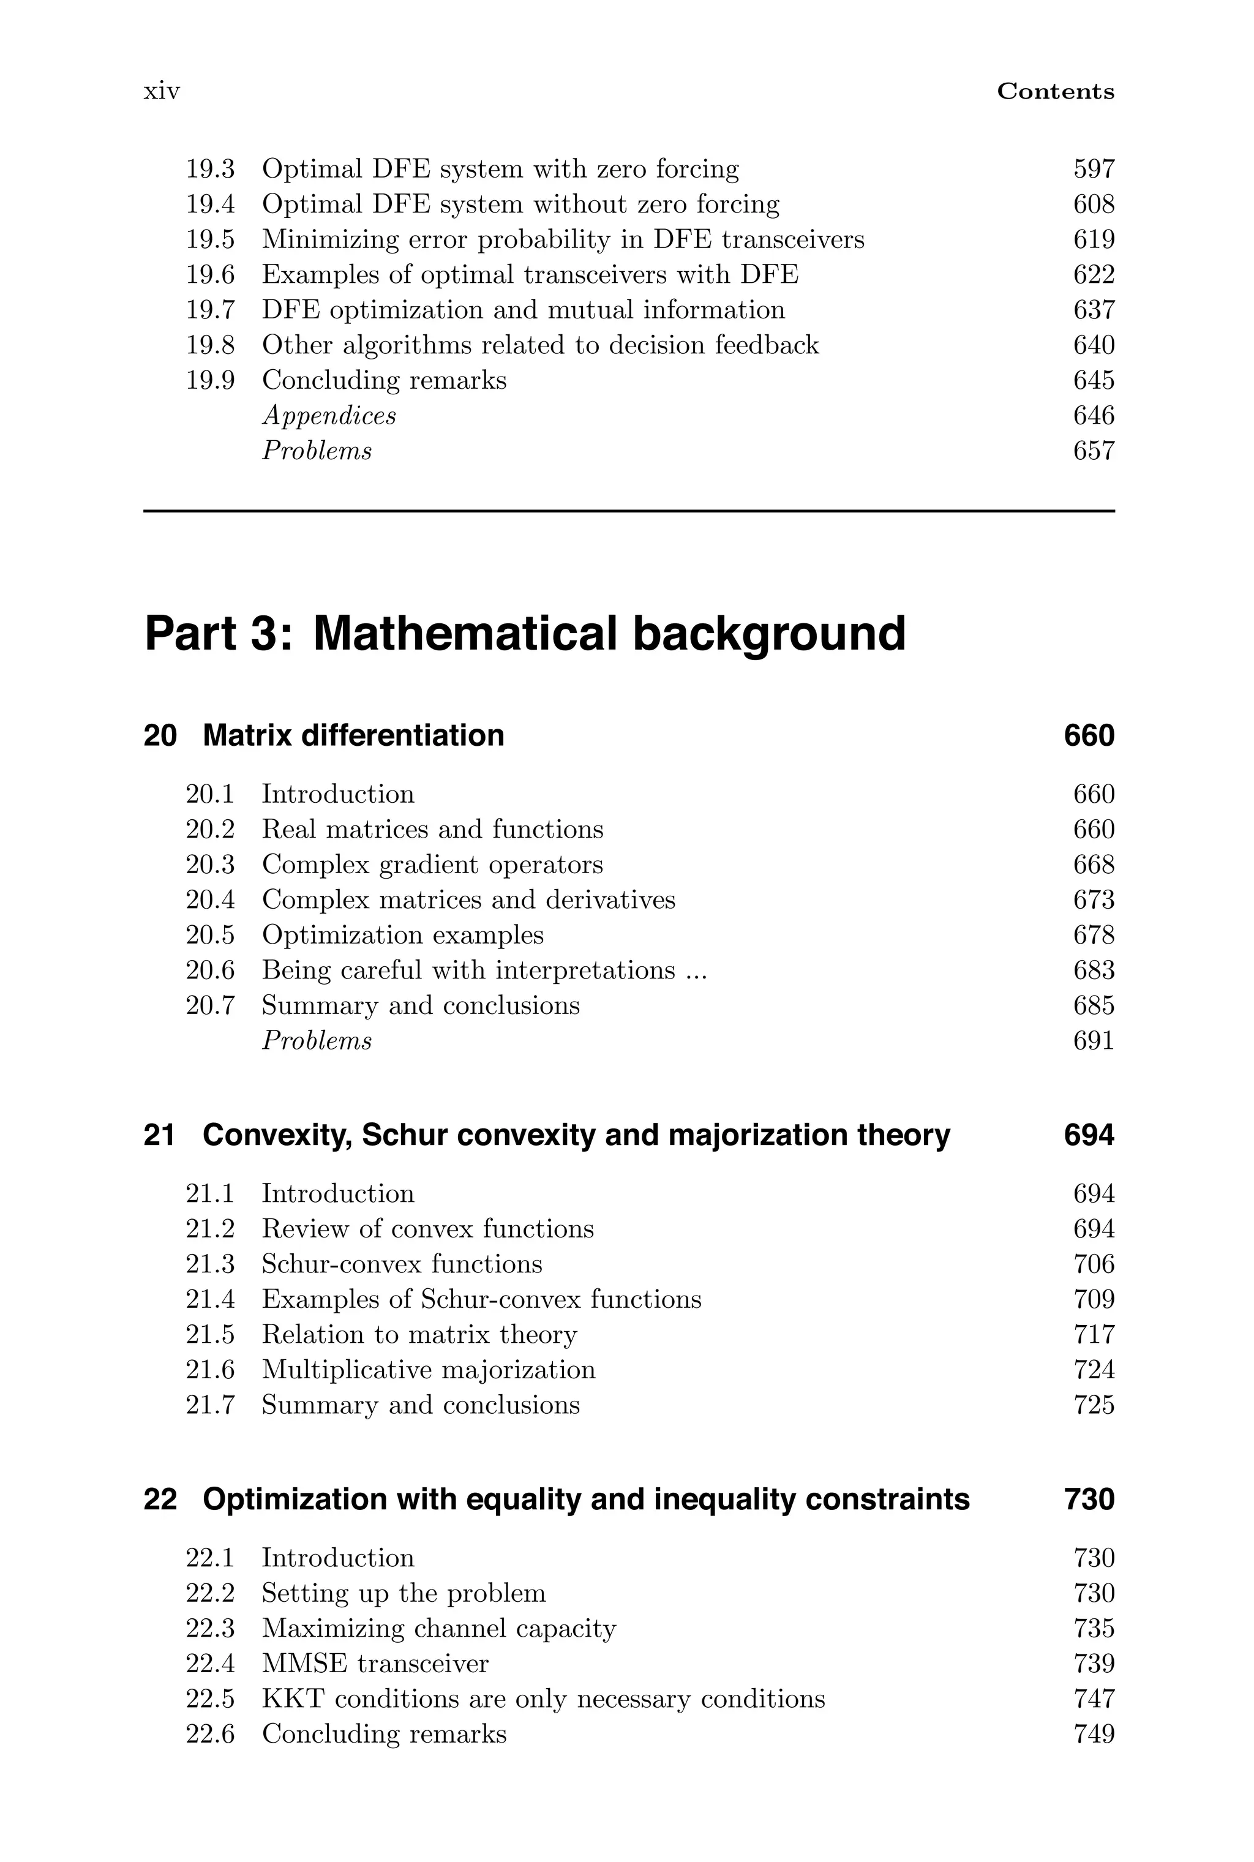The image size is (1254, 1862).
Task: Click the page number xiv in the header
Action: tap(162, 91)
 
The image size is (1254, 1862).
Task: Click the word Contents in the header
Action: tap(1055, 91)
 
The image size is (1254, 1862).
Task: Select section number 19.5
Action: tap(211, 240)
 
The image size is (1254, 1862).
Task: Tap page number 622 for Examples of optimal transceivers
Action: tap(1093, 275)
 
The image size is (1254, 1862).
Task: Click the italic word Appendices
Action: tap(329, 416)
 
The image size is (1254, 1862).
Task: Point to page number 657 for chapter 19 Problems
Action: tap(1093, 451)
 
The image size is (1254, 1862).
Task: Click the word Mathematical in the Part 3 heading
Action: tap(465, 633)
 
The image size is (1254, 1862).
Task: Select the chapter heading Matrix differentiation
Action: tap(353, 735)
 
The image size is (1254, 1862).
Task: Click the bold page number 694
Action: tap(1089, 1135)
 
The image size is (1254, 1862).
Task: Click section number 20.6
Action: tap(211, 970)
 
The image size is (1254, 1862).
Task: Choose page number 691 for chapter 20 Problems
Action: tap(1093, 1041)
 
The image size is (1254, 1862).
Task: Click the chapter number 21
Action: tap(159, 1135)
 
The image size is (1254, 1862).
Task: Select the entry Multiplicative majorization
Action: tap(428, 1370)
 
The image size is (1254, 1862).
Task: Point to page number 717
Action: tap(1093, 1335)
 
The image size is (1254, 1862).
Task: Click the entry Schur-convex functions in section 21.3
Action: tap(402, 1265)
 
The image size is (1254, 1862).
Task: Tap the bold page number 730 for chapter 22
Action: tap(1089, 1499)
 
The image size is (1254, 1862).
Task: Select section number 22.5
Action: tap(211, 1700)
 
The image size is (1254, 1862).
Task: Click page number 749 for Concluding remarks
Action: tap(1093, 1735)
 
